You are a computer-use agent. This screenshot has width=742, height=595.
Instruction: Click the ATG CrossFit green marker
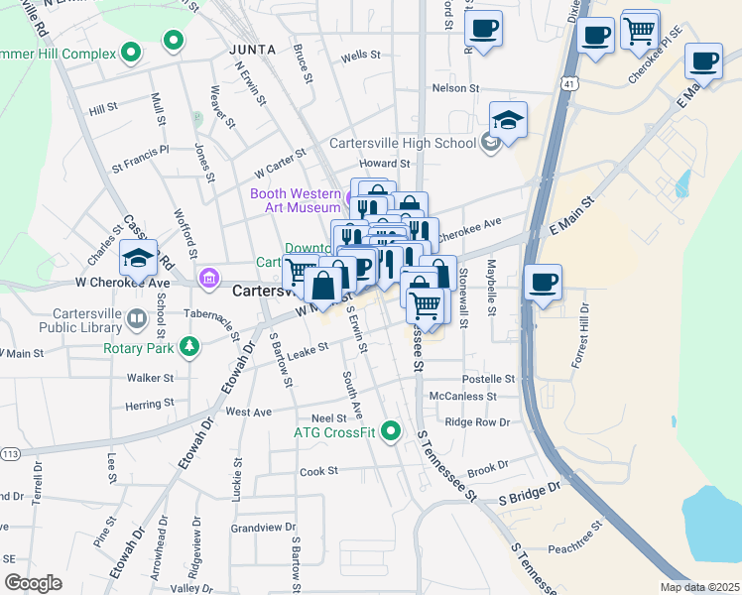391,431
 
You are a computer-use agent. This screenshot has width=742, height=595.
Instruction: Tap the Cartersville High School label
403,143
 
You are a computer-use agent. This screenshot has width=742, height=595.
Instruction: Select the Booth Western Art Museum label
296,200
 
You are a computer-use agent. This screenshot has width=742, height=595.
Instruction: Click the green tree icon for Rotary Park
185,347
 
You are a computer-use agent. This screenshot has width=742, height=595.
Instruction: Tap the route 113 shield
10,454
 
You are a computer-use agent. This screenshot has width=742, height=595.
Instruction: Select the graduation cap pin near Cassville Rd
139,258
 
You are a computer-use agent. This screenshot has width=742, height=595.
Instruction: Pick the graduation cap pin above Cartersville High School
508,120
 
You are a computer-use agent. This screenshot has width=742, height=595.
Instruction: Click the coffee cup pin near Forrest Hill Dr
543,283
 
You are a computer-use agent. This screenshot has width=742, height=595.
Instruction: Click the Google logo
33,583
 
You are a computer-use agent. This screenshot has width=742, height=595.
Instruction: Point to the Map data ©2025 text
699,587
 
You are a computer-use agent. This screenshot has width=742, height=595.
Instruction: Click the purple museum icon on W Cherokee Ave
208,277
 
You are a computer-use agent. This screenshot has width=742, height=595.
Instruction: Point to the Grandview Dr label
258,528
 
